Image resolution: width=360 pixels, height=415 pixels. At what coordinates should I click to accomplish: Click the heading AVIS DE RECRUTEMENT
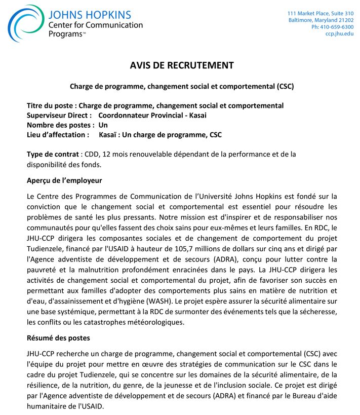182,65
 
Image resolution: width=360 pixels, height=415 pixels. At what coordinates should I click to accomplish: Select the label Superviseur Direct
59,115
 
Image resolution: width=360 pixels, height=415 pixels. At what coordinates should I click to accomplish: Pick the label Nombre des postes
60,125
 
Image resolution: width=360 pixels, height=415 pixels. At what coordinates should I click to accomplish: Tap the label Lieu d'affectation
58,135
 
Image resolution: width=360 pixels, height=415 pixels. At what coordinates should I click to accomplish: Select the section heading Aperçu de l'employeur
64,180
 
